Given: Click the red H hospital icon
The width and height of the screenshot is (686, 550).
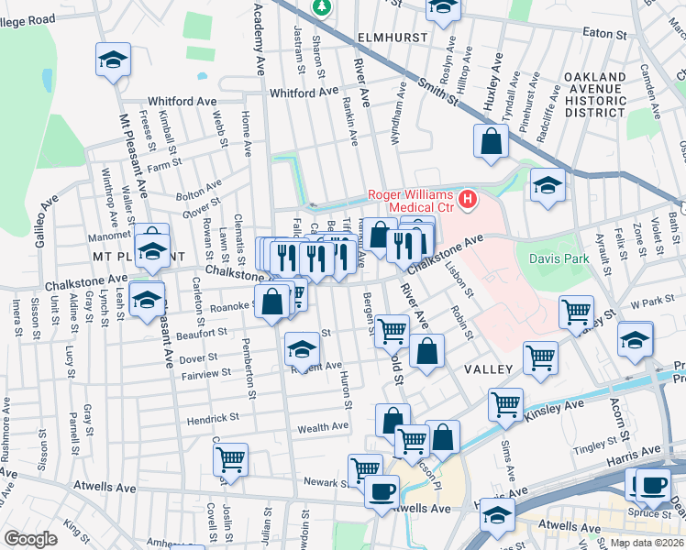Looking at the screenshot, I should point(469,198).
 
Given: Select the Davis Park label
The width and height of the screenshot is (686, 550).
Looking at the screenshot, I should point(559,259).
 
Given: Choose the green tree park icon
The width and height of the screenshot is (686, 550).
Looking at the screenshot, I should point(322,8).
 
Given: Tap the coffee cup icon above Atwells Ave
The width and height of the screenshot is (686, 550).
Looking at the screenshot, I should point(382,489).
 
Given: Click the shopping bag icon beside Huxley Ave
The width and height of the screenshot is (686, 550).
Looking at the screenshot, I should point(492,141).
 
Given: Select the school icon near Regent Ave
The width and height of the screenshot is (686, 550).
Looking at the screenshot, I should point(302,348).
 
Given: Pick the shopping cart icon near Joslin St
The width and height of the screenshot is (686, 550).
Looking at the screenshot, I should point(230,458).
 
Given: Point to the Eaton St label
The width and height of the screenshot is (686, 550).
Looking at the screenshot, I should point(603,33).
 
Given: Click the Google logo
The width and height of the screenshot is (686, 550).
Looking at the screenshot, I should point(30,539).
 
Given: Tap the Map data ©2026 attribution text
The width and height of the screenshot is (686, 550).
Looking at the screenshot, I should point(647,543).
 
